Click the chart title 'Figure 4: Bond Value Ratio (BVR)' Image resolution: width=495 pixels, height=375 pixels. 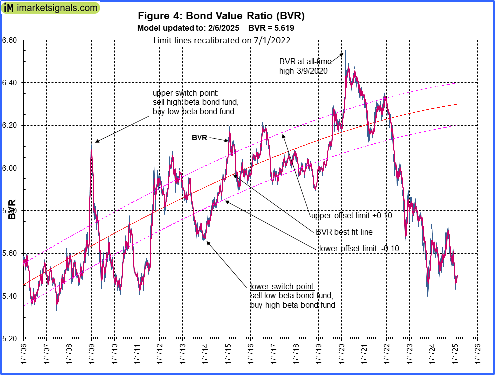[221, 16]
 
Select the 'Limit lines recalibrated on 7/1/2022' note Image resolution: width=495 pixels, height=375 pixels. [222, 41]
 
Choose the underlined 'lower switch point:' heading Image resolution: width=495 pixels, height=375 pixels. [282, 287]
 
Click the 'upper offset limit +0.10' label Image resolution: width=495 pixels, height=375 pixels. [351, 216]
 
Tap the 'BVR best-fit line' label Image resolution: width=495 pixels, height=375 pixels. [344, 232]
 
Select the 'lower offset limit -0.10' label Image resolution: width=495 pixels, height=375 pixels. [359, 248]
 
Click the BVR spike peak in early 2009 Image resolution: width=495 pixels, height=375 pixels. [91, 142]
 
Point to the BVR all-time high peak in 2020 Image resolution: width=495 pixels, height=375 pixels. [345, 50]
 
